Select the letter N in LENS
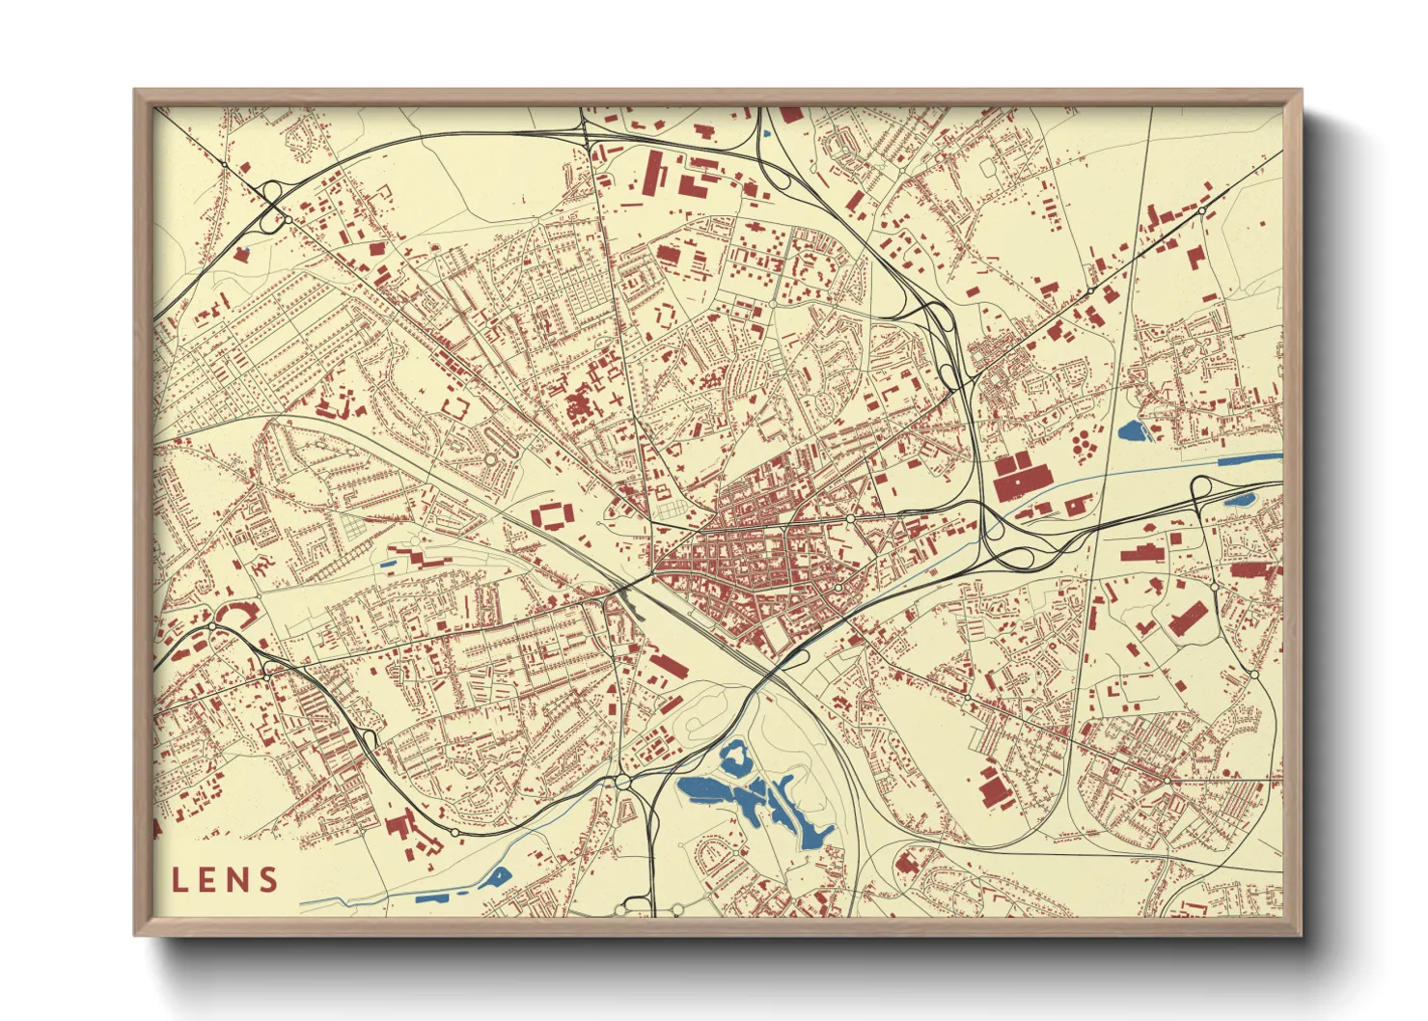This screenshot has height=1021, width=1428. (238, 879)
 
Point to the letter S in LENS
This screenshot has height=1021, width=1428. (267, 879)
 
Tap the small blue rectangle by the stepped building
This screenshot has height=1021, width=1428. (389, 564)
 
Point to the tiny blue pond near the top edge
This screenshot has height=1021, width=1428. (767, 134)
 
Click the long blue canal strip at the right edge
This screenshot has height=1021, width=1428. (1249, 460)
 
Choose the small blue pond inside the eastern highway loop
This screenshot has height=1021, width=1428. (1239, 500)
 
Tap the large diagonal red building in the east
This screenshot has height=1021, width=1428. (1188, 618)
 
